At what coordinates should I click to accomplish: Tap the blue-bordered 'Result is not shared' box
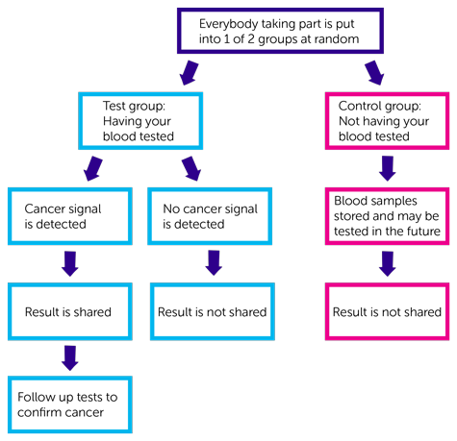click(x=209, y=310)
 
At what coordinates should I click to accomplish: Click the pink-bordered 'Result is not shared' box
click(x=387, y=310)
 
